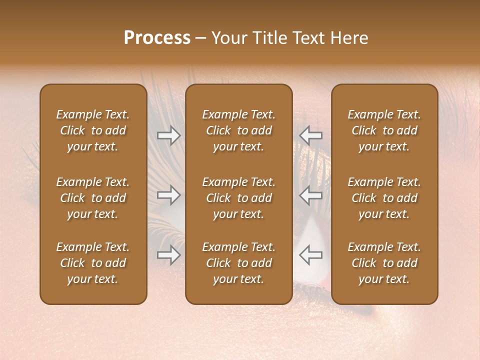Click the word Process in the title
(x=157, y=38)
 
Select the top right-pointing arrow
(x=169, y=135)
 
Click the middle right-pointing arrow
(x=169, y=195)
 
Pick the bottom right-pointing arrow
(x=169, y=255)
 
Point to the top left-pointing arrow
(x=310, y=135)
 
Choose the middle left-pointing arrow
(x=310, y=195)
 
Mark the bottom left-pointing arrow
(x=310, y=255)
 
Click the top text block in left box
(x=93, y=130)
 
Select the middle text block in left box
(x=93, y=198)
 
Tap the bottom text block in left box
(x=93, y=263)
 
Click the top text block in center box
(x=238, y=130)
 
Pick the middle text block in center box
(x=238, y=198)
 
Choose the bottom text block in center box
(x=238, y=263)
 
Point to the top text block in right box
(x=384, y=130)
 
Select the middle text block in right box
(x=384, y=198)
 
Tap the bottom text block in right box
(x=384, y=263)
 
